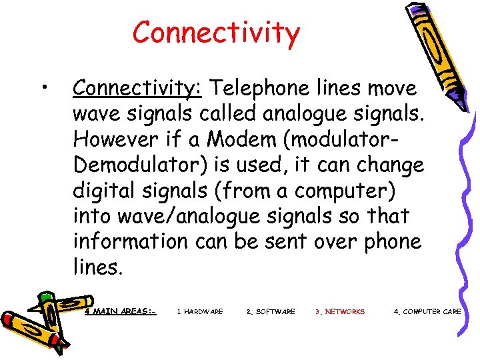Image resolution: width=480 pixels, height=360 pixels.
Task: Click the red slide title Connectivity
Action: pyautogui.click(x=216, y=32)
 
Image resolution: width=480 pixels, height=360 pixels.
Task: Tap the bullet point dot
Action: pyautogui.click(x=43, y=87)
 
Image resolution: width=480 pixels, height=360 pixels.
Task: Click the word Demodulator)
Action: pyautogui.click(x=146, y=165)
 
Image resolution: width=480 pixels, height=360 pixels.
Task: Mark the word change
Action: pyautogui.click(x=391, y=165)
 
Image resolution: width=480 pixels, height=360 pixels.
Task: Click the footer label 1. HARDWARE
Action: pyautogui.click(x=200, y=311)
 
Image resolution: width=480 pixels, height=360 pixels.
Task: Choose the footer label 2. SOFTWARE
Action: pyautogui.click(x=271, y=311)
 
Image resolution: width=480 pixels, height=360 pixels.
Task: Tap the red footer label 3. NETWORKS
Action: pyautogui.click(x=340, y=311)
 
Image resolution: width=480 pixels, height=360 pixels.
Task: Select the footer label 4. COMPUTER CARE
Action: pyautogui.click(x=427, y=311)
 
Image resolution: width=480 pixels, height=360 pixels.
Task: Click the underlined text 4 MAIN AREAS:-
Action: pyautogui.click(x=121, y=311)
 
